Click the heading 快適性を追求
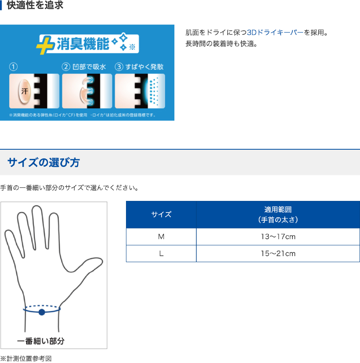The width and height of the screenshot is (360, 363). tap(35, 5)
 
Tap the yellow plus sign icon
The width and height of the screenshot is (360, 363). tap(45, 45)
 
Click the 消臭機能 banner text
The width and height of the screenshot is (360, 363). tap(83, 44)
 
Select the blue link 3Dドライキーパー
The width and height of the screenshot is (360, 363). tap(275, 32)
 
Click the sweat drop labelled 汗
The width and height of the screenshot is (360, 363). tap(24, 91)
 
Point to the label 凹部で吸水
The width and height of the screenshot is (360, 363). tap(89, 67)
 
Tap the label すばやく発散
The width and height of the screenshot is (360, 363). tap(144, 67)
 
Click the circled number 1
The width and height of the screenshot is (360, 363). tap(13, 67)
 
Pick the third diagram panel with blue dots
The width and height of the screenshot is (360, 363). tap(140, 91)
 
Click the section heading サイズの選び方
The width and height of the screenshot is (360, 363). tap(44, 162)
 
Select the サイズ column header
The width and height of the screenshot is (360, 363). tap(161, 215)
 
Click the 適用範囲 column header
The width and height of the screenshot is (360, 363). tap(278, 215)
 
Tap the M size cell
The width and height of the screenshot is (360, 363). tap(161, 237)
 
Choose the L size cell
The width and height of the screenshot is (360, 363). tap(161, 253)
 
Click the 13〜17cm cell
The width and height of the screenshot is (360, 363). tap(278, 237)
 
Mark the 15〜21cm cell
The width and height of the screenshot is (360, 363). tap(278, 253)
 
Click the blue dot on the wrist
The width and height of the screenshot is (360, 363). tap(42, 312)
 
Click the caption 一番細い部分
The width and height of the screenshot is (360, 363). tap(41, 341)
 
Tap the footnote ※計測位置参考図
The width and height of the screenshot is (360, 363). tap(26, 359)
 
